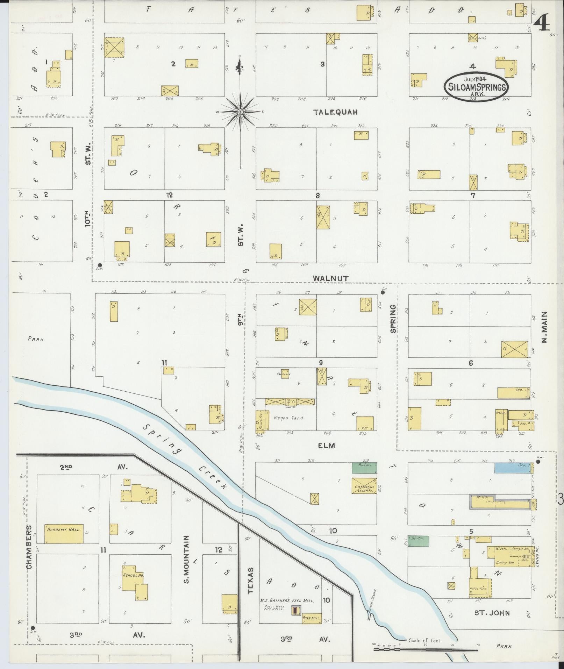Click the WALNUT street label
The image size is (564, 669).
330,278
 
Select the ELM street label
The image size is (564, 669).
327,446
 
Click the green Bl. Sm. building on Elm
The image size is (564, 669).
364,468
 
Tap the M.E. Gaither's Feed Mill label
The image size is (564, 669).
287,600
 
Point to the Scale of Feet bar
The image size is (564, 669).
425,649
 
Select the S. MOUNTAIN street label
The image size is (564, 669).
186,564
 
